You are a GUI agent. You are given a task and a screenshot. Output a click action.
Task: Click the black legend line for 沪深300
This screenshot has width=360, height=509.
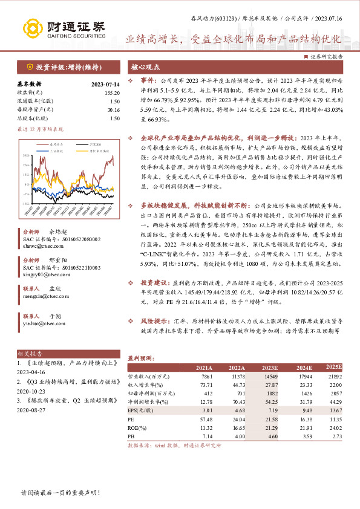pos(75,144)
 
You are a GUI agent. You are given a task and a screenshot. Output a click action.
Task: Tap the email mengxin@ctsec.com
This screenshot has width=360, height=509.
pos(40,297)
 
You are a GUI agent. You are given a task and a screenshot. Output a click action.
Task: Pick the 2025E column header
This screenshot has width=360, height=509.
pos(334,367)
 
